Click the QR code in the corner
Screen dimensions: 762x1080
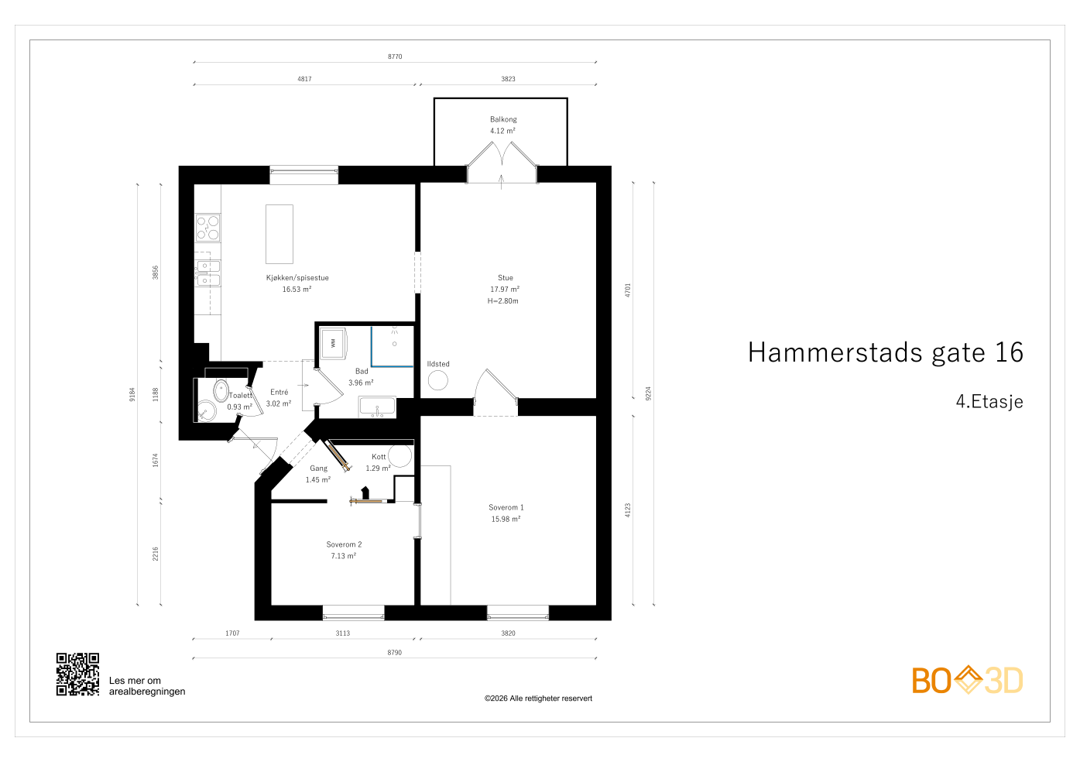pyautogui.click(x=77, y=674)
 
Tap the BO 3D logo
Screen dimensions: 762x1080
pyautogui.click(x=967, y=681)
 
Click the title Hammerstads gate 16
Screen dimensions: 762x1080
pyautogui.click(x=885, y=353)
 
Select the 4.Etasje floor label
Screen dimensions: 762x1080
pyautogui.click(x=989, y=402)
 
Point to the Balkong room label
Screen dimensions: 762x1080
pyautogui.click(x=503, y=119)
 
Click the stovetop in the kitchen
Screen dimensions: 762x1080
pyautogui.click(x=207, y=228)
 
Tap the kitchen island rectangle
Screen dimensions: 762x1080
pyautogui.click(x=279, y=234)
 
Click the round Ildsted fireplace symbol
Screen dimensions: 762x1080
pyautogui.click(x=438, y=380)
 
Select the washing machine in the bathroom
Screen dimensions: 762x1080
pyautogui.click(x=334, y=342)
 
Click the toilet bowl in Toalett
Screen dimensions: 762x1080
pyautogui.click(x=221, y=390)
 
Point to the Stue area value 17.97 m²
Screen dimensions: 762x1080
pyautogui.click(x=505, y=290)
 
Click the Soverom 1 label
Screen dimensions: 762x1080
pyautogui.click(x=506, y=508)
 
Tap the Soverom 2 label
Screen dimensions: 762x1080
pyautogui.click(x=344, y=544)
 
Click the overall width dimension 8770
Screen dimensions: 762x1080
pyautogui.click(x=395, y=57)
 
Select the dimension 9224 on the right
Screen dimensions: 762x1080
pyautogui.click(x=649, y=393)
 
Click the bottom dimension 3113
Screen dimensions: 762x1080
pyautogui.click(x=342, y=633)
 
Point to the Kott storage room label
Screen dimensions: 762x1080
pyautogui.click(x=379, y=457)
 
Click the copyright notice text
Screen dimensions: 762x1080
pyautogui.click(x=538, y=698)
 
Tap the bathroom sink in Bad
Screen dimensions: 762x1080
pyautogui.click(x=377, y=407)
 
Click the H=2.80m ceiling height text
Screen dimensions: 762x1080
pyautogui.click(x=503, y=301)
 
